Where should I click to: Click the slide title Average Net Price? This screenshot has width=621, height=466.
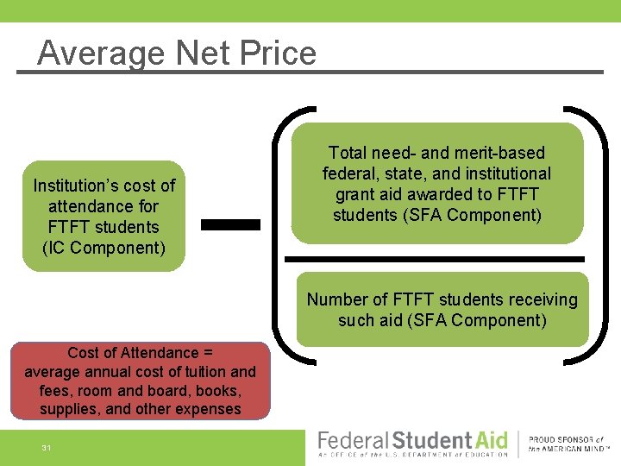point(177,54)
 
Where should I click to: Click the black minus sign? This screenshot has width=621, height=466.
point(230,224)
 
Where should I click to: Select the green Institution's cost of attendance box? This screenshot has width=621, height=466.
point(103,217)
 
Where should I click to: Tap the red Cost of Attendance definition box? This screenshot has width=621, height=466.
point(141,381)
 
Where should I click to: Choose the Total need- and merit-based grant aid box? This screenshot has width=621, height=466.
point(436,183)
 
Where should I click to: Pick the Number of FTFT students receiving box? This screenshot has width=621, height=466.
point(442,310)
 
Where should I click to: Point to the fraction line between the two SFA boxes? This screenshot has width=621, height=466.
point(435,259)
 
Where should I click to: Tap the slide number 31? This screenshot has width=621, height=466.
point(47,447)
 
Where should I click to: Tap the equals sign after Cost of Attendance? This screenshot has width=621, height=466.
point(207,353)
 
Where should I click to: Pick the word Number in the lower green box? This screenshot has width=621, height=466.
point(336,299)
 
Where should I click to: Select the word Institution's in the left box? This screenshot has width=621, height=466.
point(75,186)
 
